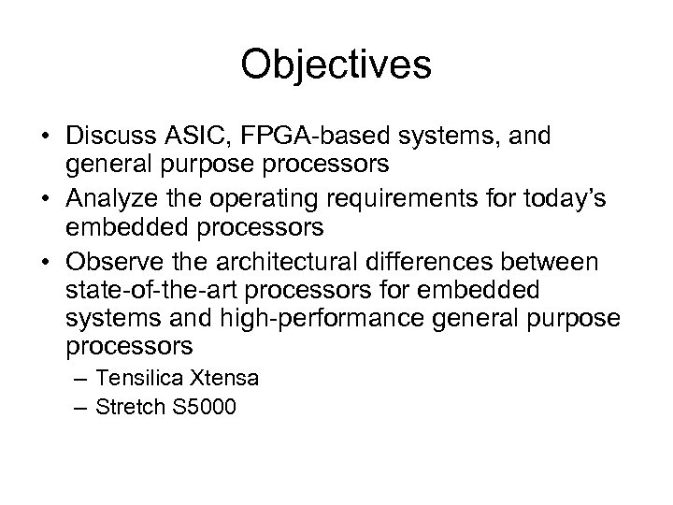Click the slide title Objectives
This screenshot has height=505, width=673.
(x=336, y=65)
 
